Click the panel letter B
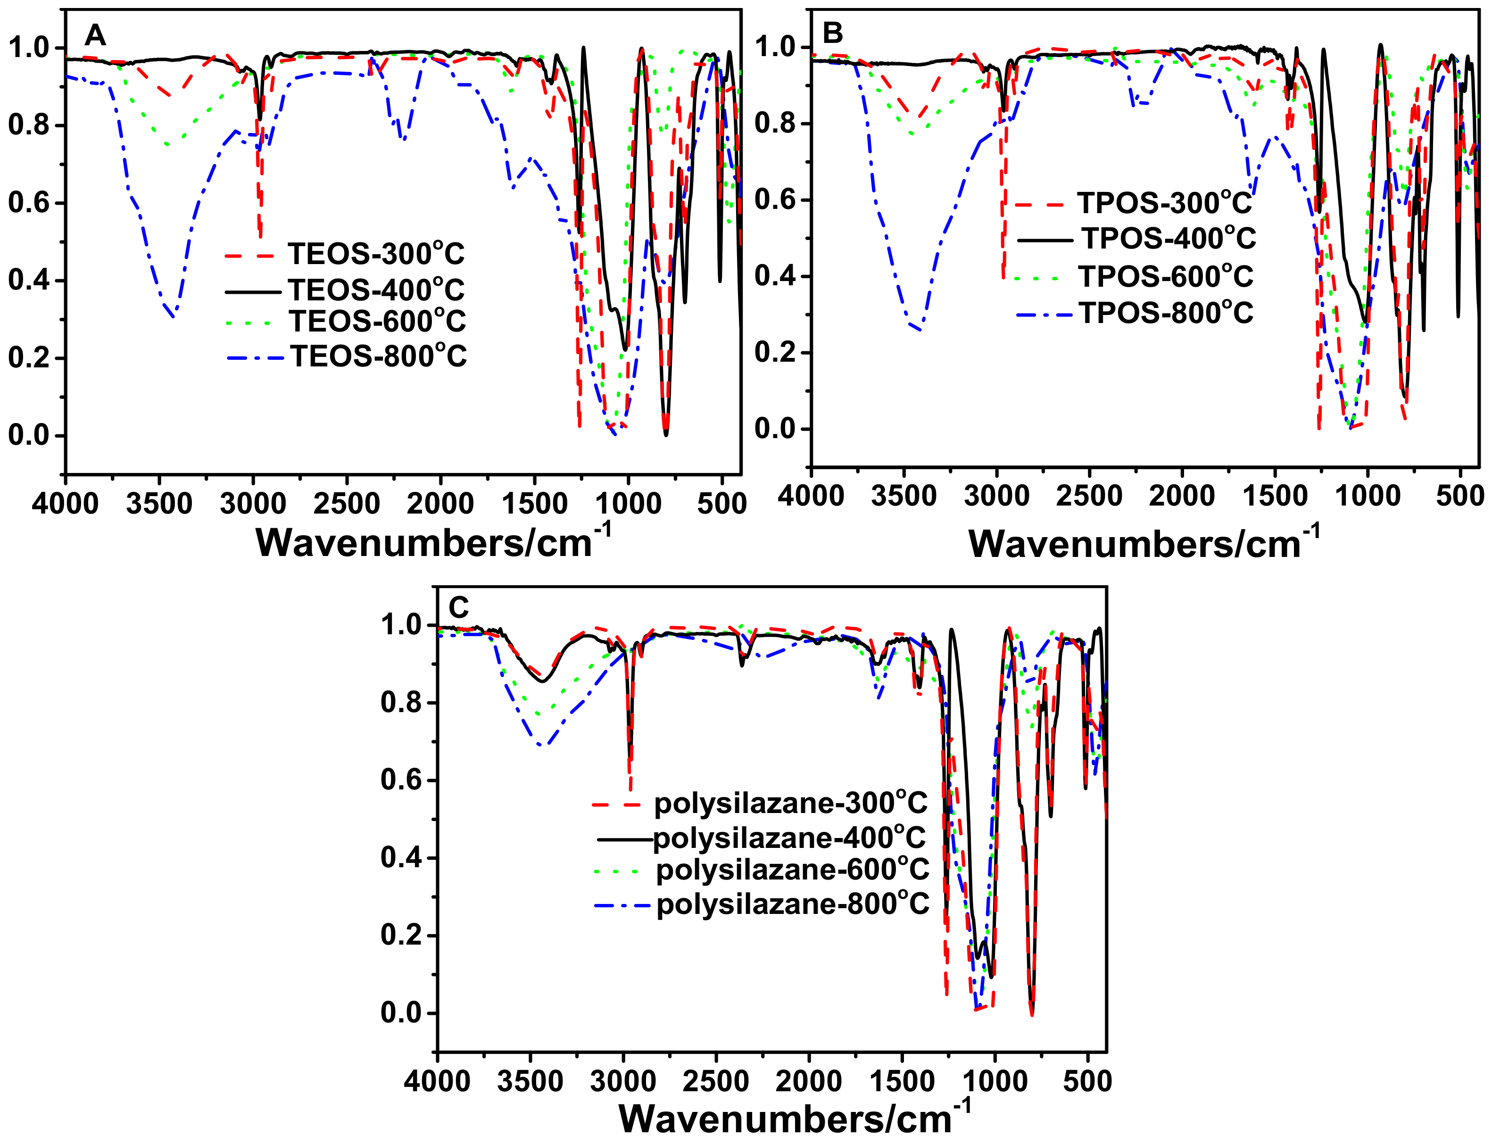pyautogui.click(x=832, y=33)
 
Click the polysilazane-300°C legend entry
pyautogui.click(x=791, y=803)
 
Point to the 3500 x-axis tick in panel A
pyautogui.click(x=159, y=504)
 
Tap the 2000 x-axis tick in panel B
pyautogui.click(x=1181, y=496)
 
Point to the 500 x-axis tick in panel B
pyautogui.click(x=1459, y=496)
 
